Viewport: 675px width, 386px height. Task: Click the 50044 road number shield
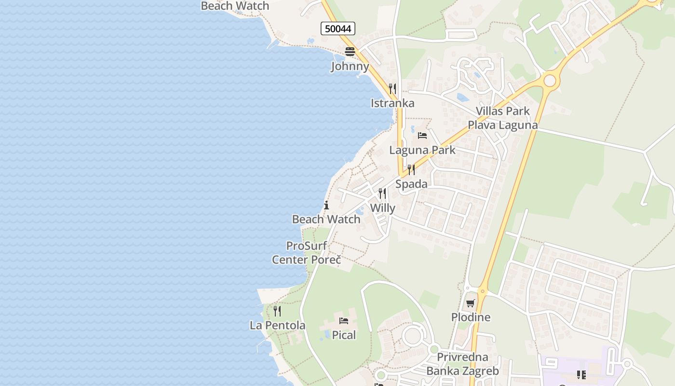(x=338, y=29)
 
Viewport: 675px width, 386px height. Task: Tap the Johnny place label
(x=350, y=66)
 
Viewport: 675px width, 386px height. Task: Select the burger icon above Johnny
(x=350, y=52)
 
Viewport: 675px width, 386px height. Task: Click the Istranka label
(x=392, y=103)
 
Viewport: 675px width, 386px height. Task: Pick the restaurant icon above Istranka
(x=392, y=89)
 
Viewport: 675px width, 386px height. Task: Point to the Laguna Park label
(x=422, y=150)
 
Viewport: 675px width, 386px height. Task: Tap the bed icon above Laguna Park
(x=422, y=136)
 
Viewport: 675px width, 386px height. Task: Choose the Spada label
(x=411, y=184)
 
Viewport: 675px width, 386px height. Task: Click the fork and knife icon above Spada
(x=411, y=169)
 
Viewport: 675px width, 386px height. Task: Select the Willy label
(x=382, y=208)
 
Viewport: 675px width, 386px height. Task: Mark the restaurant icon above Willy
(x=382, y=193)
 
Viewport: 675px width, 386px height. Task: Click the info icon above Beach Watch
(x=326, y=205)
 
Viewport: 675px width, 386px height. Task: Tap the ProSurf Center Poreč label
(x=306, y=253)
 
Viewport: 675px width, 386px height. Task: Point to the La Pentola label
(x=277, y=326)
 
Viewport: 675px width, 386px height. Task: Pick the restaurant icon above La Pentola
(x=277, y=311)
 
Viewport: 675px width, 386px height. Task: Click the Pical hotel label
(x=344, y=335)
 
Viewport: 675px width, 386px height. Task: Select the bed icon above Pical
(x=344, y=320)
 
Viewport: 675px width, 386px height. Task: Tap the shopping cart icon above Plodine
(x=471, y=303)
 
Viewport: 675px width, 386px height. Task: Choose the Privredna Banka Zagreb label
(x=462, y=364)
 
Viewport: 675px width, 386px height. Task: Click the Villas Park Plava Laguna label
(x=503, y=118)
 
